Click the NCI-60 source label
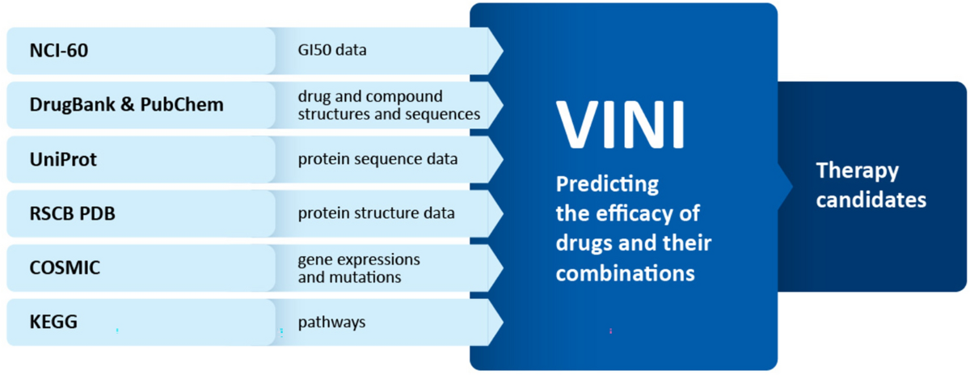59,51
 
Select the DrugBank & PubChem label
126,105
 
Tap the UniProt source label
63,160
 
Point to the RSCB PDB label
72,213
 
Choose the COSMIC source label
65,268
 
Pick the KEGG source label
53,322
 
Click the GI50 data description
332,50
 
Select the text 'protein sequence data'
377,159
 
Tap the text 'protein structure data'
377,213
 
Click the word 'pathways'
331,322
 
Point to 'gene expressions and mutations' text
359,268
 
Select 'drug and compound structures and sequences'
389,105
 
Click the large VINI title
621,125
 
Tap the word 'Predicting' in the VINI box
607,185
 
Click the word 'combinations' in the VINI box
626,273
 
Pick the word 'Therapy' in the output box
858,171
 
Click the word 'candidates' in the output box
871,200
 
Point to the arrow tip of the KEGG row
503,322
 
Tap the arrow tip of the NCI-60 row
503,51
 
